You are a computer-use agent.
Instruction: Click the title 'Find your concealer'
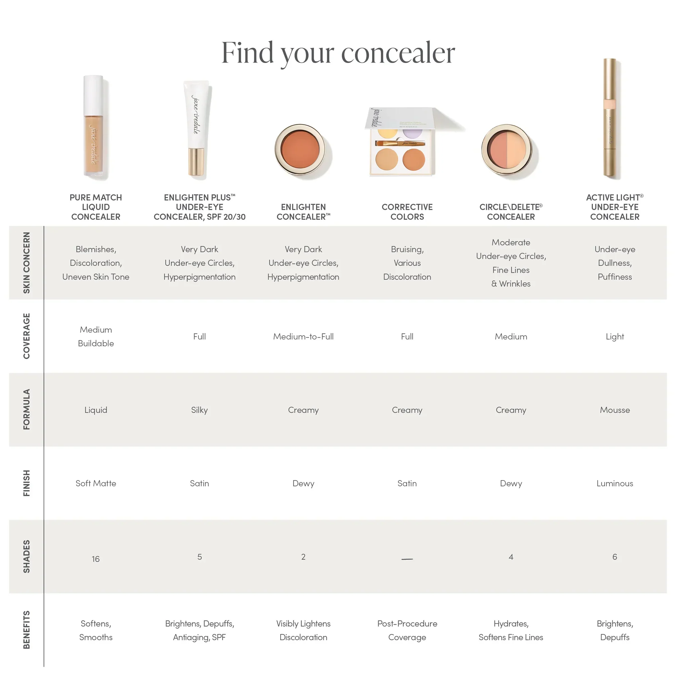pos(338,53)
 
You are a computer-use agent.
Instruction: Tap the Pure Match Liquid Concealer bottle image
pos(94,128)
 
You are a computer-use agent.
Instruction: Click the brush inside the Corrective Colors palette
pos(400,143)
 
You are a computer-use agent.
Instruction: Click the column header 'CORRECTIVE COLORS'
pos(407,212)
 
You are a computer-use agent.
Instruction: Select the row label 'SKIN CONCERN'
pos(27,262)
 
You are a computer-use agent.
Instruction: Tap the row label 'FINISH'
pos(27,483)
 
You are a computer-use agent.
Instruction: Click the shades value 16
pos(96,559)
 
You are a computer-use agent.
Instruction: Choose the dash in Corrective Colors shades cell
pos(407,559)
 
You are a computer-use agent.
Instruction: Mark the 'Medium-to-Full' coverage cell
pos(303,337)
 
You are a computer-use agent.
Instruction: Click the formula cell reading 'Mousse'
pos(614,410)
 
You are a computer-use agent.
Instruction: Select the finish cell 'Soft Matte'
pos(96,483)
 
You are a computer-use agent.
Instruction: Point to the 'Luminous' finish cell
pos(614,483)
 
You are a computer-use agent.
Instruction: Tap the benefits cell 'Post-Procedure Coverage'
pos(407,630)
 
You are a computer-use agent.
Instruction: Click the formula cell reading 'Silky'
pos(199,410)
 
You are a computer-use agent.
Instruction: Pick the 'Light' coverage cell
pos(614,337)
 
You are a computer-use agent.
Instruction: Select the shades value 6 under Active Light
pos(614,557)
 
